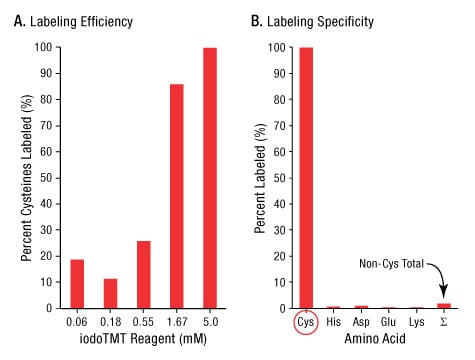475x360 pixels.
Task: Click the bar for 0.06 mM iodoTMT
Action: (x=76, y=283)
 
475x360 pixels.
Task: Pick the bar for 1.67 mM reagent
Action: (x=177, y=196)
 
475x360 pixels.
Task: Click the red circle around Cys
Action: (x=305, y=325)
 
